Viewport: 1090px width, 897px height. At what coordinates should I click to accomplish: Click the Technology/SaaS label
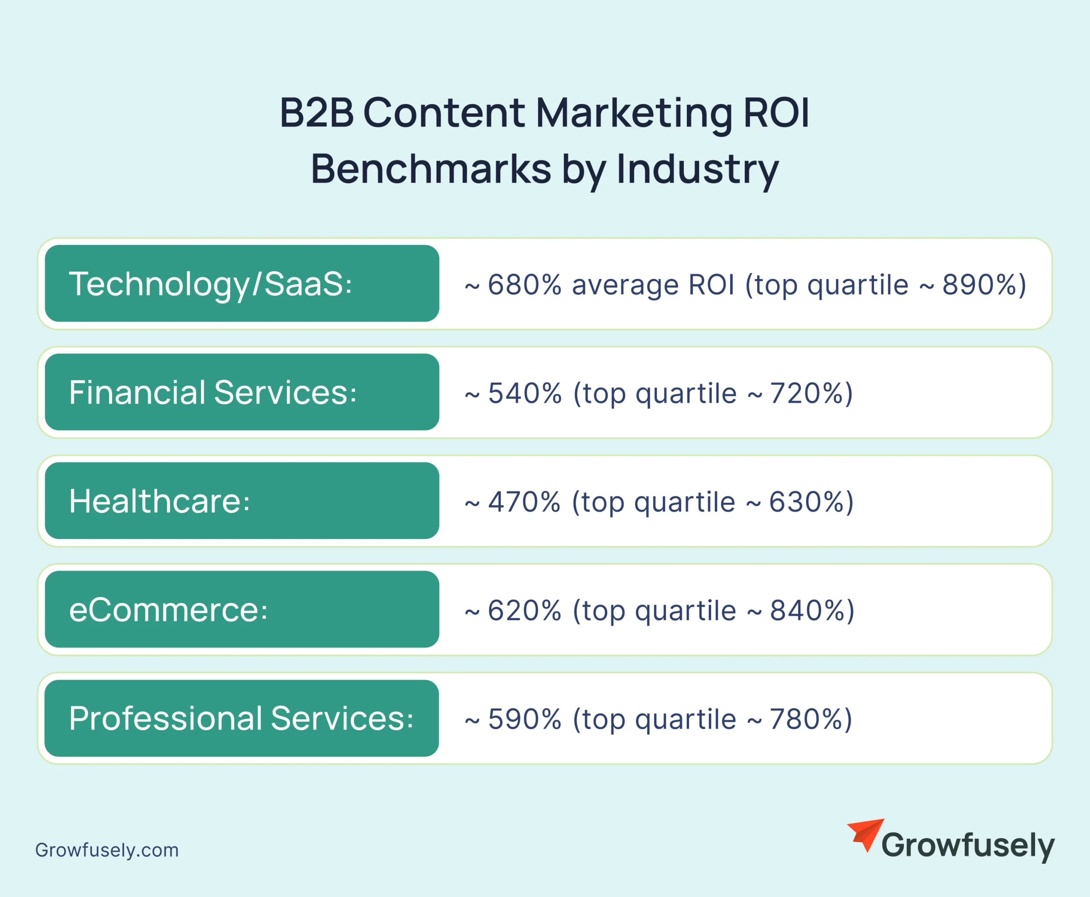(211, 284)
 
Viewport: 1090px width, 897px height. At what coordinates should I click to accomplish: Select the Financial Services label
(213, 393)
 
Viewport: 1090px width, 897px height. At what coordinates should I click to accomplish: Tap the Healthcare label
(160, 501)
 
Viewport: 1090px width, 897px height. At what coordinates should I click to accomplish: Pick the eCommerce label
(168, 610)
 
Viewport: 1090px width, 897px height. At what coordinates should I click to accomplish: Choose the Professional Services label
(241, 718)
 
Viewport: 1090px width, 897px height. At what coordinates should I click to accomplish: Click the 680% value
(525, 285)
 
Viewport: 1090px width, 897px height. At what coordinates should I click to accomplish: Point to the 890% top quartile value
(979, 285)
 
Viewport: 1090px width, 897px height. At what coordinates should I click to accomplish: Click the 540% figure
(525, 393)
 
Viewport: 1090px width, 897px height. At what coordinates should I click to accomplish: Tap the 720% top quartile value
(806, 393)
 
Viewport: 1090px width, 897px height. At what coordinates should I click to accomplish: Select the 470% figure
(524, 502)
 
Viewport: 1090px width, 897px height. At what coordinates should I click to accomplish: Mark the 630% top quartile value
(806, 502)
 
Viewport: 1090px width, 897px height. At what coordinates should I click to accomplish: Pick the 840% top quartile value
(807, 610)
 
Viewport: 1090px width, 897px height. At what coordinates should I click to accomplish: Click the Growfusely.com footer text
(107, 850)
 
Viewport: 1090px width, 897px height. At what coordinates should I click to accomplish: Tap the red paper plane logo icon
(865, 834)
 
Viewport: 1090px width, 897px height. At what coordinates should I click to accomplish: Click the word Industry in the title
(697, 170)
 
